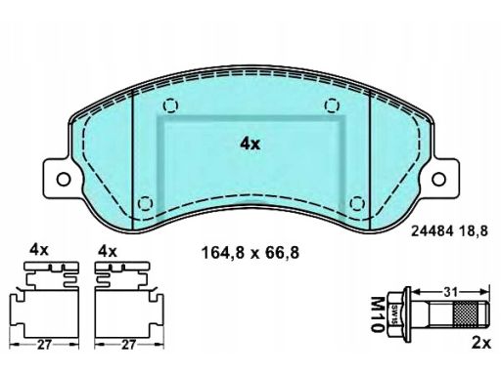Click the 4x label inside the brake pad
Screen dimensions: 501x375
click(x=250, y=144)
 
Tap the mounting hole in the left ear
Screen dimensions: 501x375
click(x=64, y=179)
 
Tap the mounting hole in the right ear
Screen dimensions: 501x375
click(x=438, y=179)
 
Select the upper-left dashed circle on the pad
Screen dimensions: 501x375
click(x=170, y=105)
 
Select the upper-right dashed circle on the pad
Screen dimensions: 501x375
click(x=332, y=105)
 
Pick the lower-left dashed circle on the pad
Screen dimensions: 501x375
click(x=145, y=204)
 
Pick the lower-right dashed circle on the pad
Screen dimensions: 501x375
click(x=357, y=204)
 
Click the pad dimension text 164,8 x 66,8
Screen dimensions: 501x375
click(x=250, y=253)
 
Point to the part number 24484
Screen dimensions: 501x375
click(x=433, y=231)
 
